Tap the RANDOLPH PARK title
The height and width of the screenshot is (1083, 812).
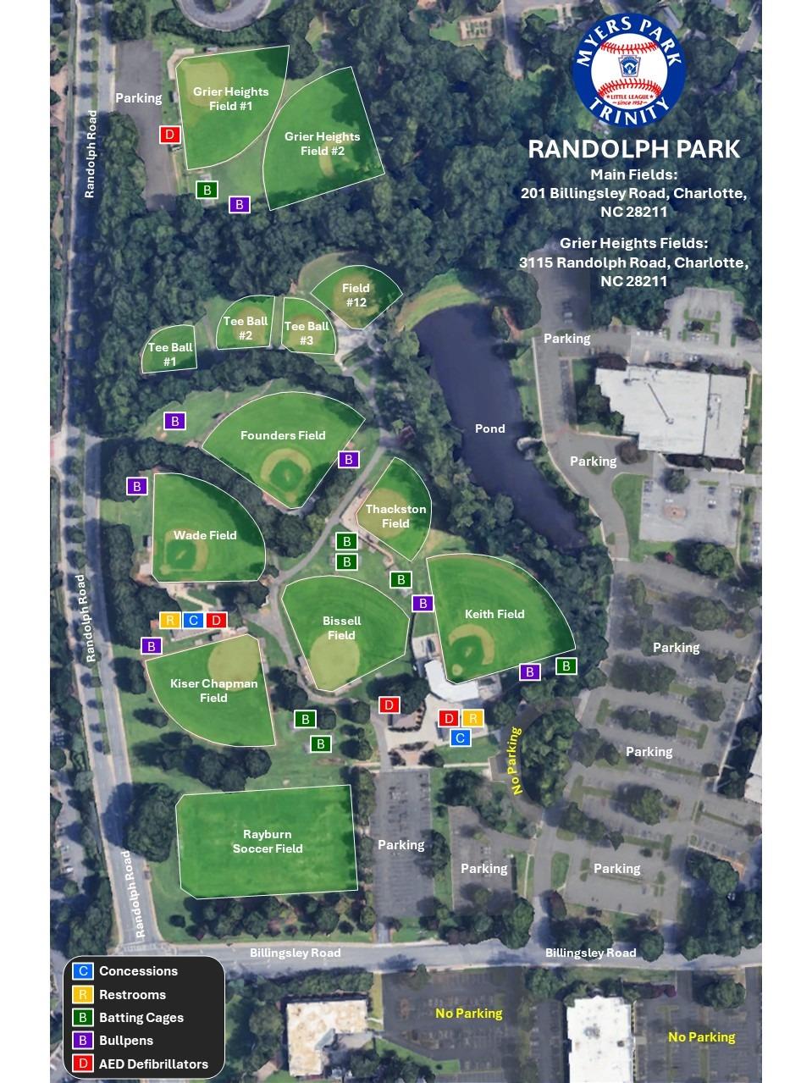click(633, 149)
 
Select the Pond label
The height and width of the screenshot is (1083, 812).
click(489, 428)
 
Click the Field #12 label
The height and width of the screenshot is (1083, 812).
click(356, 295)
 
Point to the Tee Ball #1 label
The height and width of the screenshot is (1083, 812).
click(169, 354)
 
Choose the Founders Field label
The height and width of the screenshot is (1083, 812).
click(283, 435)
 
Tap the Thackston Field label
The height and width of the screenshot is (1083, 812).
click(395, 516)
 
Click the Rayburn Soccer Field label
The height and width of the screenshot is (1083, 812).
click(268, 841)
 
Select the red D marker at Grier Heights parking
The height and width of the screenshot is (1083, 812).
click(170, 135)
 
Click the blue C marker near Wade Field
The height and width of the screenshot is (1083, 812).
click(193, 621)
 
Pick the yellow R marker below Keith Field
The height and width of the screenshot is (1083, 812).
click(472, 719)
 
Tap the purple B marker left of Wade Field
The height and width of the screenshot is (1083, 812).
click(137, 486)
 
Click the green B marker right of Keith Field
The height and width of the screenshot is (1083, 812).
click(566, 666)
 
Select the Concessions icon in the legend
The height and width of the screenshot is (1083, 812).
click(82, 971)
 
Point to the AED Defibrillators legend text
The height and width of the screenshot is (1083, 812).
click(153, 1064)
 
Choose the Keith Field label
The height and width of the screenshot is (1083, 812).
click(494, 614)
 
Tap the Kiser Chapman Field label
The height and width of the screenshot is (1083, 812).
click(213, 690)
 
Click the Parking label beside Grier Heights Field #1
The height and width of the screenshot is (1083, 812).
click(138, 98)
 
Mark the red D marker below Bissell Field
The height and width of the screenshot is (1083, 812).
click(389, 705)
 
